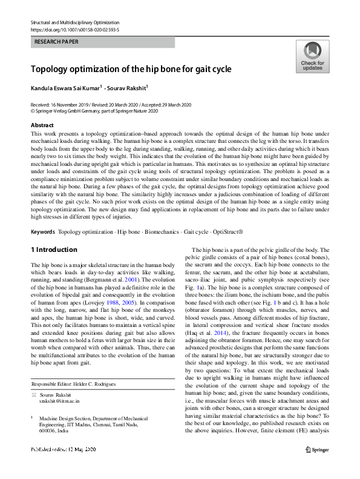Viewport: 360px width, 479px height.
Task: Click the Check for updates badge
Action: point(312,57)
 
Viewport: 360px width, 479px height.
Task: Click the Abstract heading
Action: point(42,125)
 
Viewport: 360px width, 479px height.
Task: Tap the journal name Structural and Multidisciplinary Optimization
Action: point(73,22)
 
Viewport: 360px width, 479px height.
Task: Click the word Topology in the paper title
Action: point(52,70)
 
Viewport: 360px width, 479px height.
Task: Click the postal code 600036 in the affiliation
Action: point(48,432)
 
